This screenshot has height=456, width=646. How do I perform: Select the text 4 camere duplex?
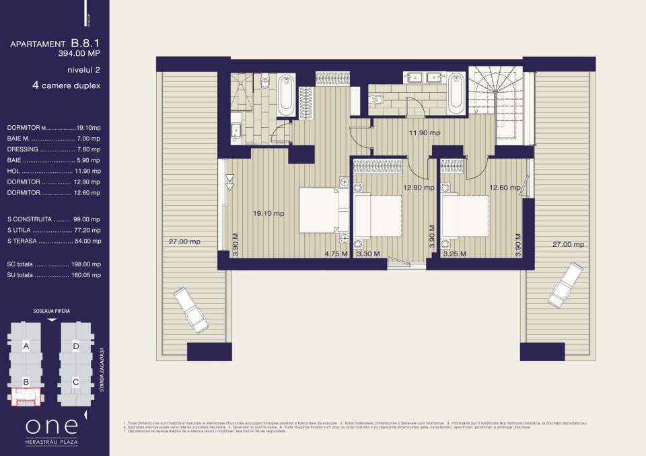tap(66, 86)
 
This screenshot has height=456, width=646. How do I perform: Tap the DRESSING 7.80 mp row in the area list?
tap(53, 149)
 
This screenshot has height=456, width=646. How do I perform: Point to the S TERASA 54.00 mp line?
tap(53, 240)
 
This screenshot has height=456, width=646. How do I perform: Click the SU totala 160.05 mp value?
tap(87, 274)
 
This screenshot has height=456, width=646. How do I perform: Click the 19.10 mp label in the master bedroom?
tap(268, 213)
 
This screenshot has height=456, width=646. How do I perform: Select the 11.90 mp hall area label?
tap(424, 133)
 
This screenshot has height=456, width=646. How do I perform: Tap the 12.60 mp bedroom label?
tap(504, 188)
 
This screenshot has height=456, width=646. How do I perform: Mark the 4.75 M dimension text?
tap(335, 254)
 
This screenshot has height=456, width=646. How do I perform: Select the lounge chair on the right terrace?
tap(564, 284)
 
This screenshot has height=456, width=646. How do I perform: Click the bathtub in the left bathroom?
tap(286, 95)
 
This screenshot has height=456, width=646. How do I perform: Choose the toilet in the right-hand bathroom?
tap(376, 100)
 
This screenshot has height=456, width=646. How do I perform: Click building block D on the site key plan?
tap(76, 346)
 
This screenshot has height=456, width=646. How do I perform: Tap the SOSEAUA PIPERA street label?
tap(52, 311)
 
